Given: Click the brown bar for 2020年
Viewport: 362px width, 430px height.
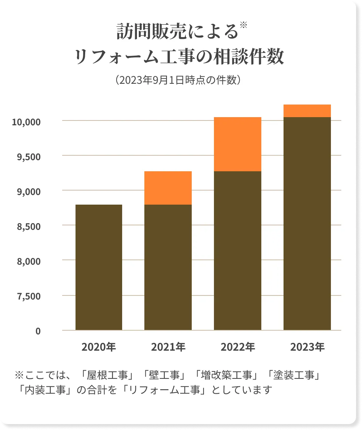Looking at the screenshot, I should pos(99,267).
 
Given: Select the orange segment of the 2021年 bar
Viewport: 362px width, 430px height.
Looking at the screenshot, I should pos(168,188).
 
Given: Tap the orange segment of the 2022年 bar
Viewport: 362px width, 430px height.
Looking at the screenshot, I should pos(238,144).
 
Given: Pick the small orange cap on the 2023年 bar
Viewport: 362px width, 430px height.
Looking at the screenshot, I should pos(307,111).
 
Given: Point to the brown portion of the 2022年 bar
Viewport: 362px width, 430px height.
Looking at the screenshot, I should pos(238,250).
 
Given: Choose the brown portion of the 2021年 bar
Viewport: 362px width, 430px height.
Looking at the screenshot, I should pos(168,267).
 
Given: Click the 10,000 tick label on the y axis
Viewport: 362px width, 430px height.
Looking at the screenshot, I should pos(26,122).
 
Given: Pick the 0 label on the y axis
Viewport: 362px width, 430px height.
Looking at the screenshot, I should pos(38,331).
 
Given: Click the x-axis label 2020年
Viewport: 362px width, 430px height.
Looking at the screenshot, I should pos(99,347).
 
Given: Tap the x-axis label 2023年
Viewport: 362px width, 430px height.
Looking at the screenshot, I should pos(307,347).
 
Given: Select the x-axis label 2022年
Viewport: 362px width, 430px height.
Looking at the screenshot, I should pos(238,347).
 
